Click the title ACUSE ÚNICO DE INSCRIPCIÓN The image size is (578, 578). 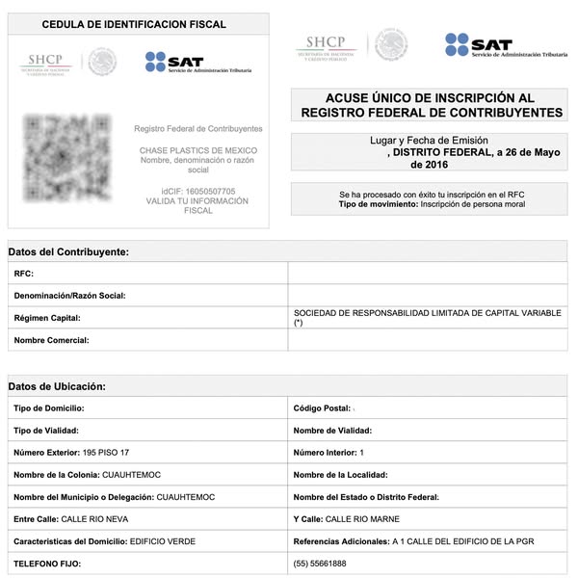pos(430,98)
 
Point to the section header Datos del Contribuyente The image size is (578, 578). pos(68,251)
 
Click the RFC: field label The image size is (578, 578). pos(24,274)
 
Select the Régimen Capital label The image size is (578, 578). pos(47,317)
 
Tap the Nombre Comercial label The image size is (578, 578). pos(51,340)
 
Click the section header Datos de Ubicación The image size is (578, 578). pos(57,386)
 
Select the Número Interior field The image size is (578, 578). pos(328,453)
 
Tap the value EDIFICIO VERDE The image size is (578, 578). pos(162,541)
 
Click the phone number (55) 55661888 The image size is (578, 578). pos(320,564)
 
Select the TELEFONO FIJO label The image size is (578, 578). pos(47,564)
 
